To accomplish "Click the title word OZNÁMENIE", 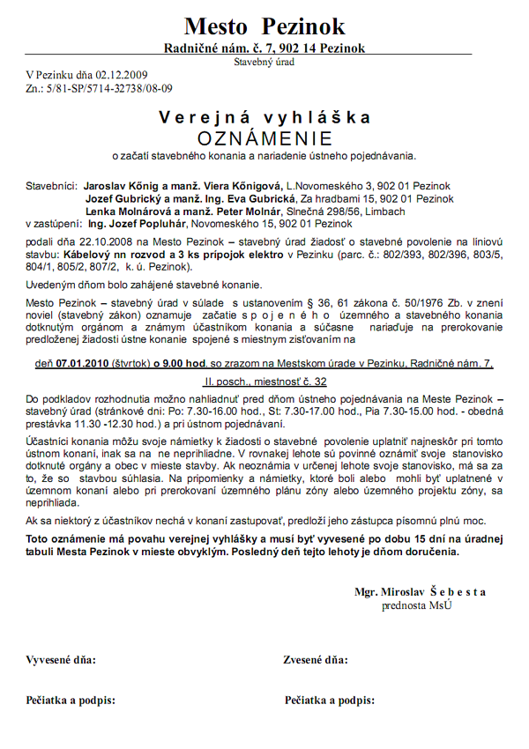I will click(264, 138).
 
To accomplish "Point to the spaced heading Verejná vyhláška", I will click(264, 117).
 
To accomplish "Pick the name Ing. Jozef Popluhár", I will click(132, 224).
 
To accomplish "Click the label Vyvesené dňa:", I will click(62, 659).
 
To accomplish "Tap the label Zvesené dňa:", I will click(317, 659).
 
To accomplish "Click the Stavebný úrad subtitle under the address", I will click(264, 62).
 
